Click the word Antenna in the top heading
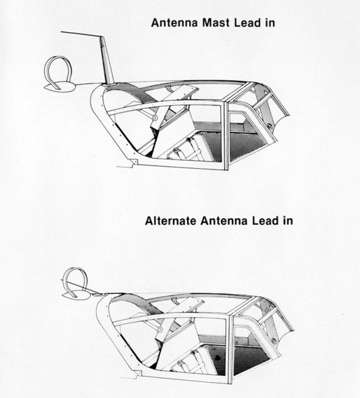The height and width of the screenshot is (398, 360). pyautogui.click(x=175, y=23)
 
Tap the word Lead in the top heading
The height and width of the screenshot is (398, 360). pyautogui.click(x=247, y=23)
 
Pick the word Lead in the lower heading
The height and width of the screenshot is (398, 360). pyautogui.click(x=265, y=220)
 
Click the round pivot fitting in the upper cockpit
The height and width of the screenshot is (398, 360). pyautogui.click(x=154, y=118)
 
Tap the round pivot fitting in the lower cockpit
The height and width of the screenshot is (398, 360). pyautogui.click(x=159, y=329)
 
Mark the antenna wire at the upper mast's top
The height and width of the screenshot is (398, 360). pyautogui.click(x=81, y=34)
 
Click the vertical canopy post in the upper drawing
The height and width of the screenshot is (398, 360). pyautogui.click(x=225, y=136)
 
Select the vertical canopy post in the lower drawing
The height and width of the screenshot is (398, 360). pyautogui.click(x=230, y=350)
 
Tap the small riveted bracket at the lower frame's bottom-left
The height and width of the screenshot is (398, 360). pyautogui.click(x=138, y=373)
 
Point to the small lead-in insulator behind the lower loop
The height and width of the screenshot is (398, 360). pyautogui.click(x=97, y=295)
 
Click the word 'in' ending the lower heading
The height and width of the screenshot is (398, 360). pyautogui.click(x=288, y=220)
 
